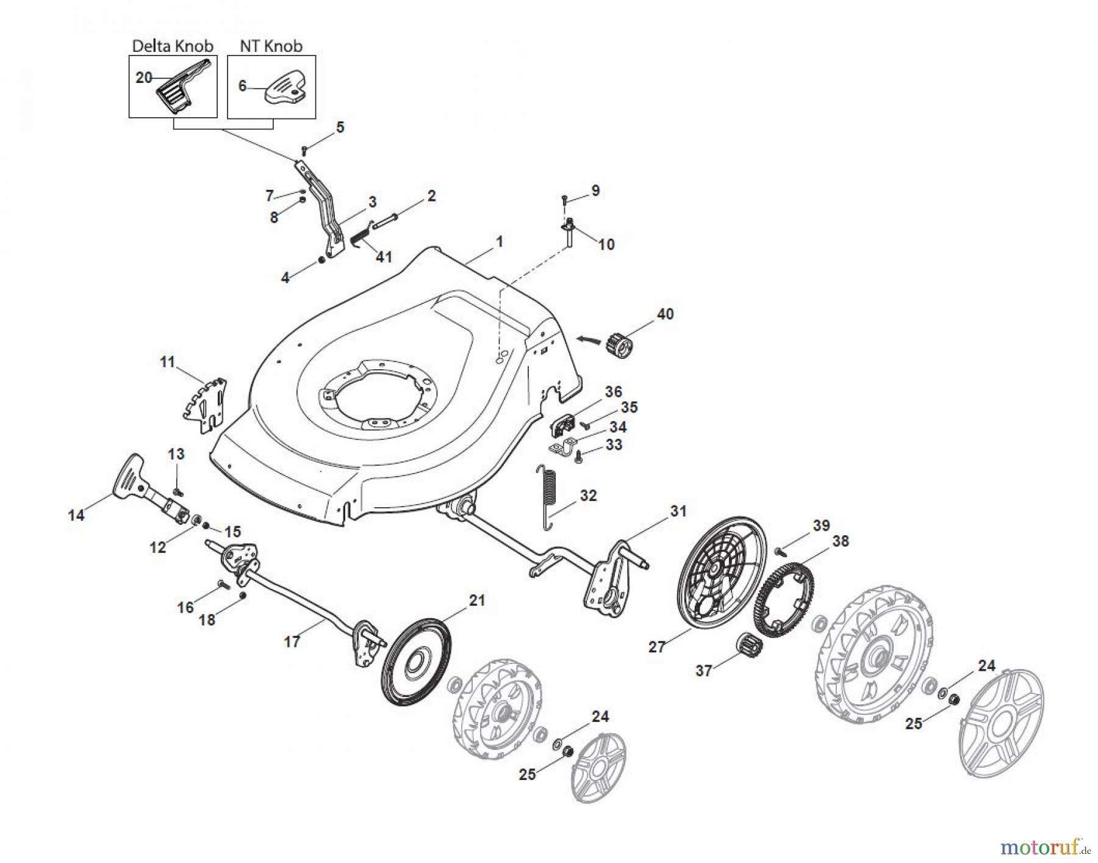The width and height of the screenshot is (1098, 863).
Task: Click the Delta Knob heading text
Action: (173, 46)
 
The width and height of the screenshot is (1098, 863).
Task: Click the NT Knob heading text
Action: (271, 46)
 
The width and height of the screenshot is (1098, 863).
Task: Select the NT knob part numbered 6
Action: (285, 87)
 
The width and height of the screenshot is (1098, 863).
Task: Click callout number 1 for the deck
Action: (500, 242)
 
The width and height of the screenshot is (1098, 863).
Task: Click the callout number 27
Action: (656, 647)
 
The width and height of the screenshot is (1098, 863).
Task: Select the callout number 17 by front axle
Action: (292, 641)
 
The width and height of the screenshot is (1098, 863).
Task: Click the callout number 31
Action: (678, 511)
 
